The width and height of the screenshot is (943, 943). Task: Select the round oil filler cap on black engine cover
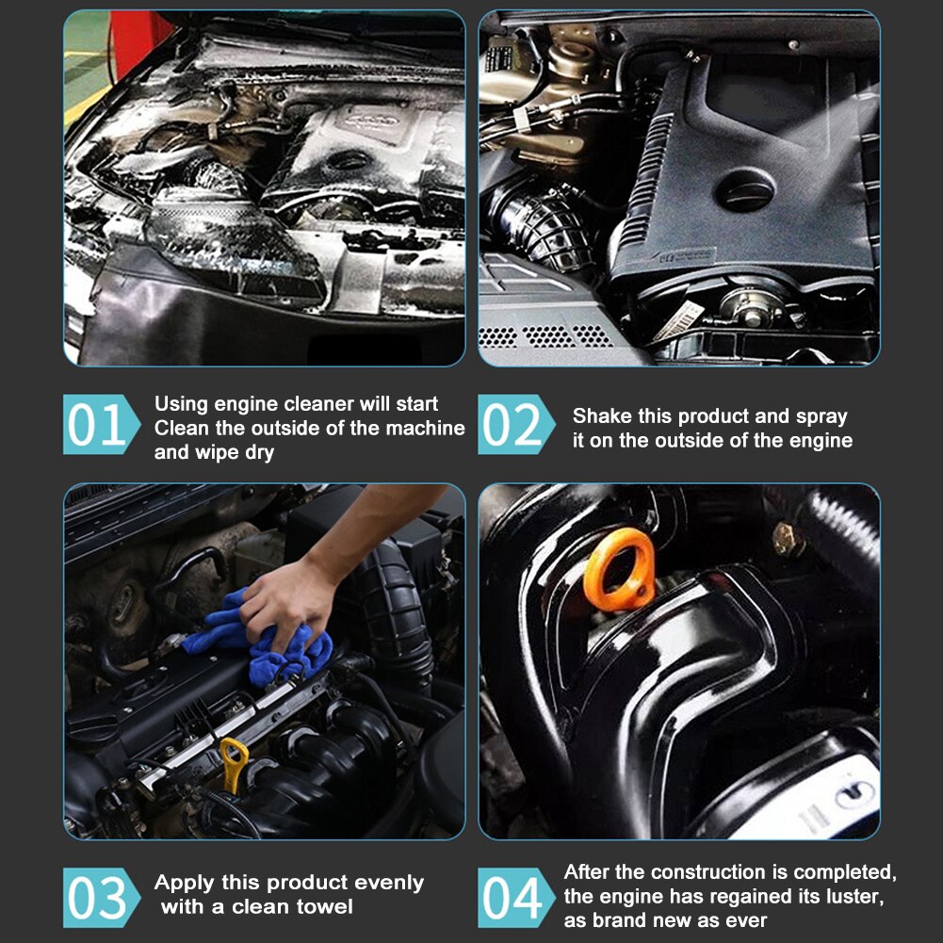point(744,192)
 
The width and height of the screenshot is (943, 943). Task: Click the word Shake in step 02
point(601,416)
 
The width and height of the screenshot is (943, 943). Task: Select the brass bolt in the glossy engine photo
point(788,539)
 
